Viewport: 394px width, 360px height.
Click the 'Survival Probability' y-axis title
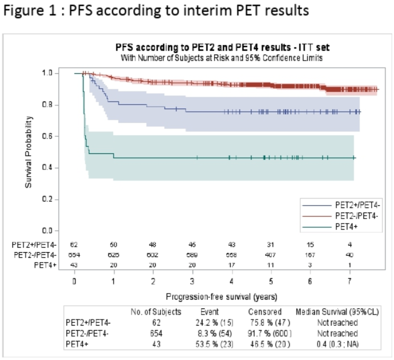pos(29,152)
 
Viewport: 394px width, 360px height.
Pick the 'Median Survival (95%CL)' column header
pos(336,312)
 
